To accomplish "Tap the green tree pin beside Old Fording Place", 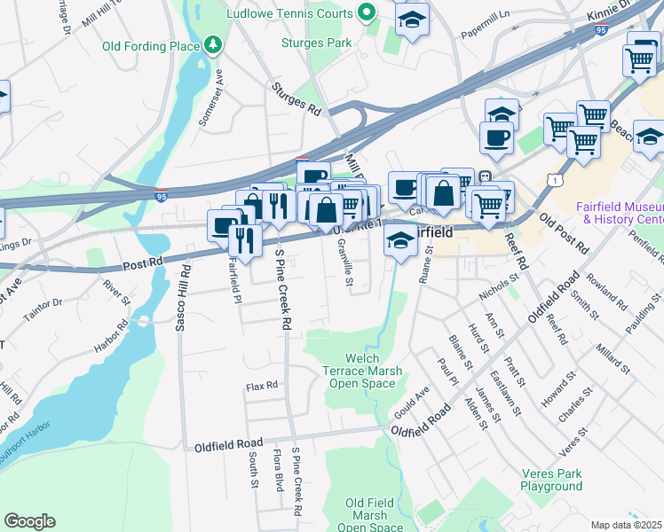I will (x=212, y=44).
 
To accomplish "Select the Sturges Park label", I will (x=317, y=42).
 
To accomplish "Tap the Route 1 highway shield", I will (x=556, y=180).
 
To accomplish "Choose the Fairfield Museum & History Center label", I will (x=620, y=213).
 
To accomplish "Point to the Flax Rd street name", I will (x=262, y=386).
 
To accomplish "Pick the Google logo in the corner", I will (x=29, y=521).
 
